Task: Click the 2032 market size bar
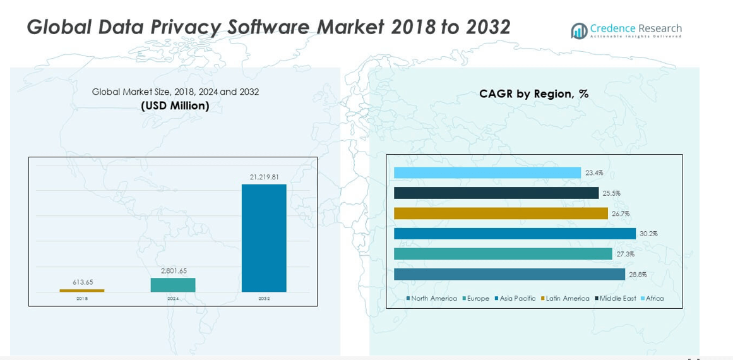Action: tap(264, 238)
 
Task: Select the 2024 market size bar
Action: tap(173, 285)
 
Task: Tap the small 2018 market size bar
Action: tap(82, 291)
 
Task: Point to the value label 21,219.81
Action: tap(264, 177)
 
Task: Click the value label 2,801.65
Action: tap(174, 271)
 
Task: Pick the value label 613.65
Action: tap(83, 282)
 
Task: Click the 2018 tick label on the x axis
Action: tap(82, 298)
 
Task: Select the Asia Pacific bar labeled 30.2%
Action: tap(515, 234)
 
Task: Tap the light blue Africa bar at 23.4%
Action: tap(487, 173)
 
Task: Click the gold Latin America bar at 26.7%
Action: tap(501, 213)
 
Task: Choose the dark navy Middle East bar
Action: tap(496, 193)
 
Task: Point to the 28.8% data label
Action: tap(638, 275)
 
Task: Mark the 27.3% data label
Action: tap(625, 255)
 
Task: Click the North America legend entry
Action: tap(433, 298)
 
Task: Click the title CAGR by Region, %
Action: tap(533, 94)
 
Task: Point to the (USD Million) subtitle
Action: tap(175, 106)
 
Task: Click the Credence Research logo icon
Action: tap(579, 31)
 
